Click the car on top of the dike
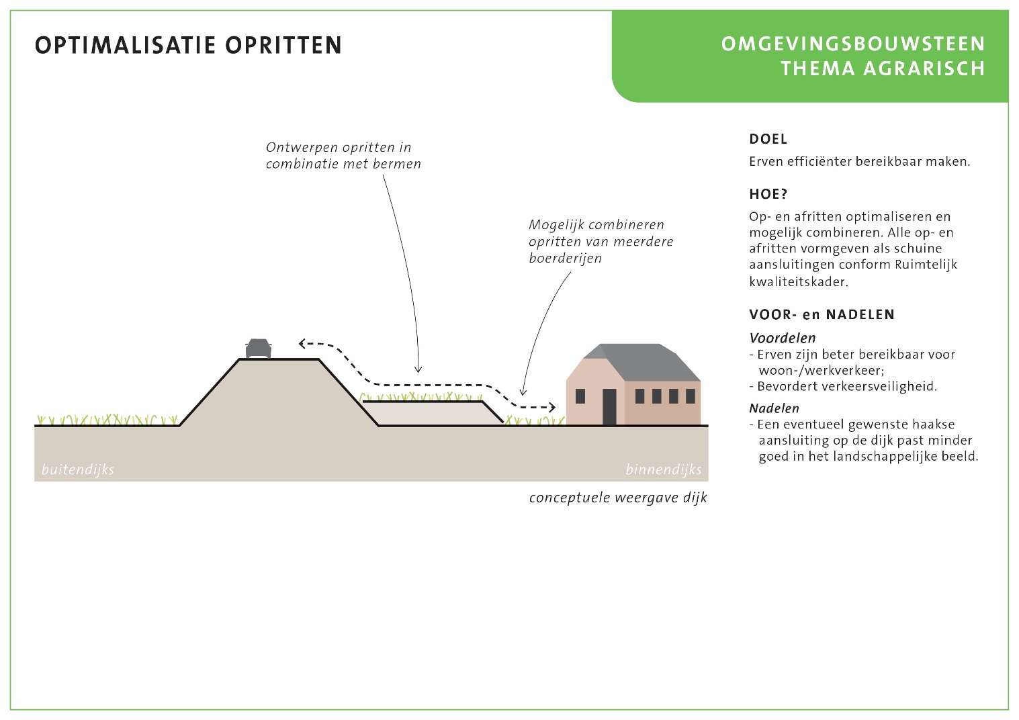[x=259, y=349]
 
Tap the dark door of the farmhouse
[x=609, y=407]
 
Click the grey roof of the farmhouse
[x=642, y=362]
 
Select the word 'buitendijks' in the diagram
[x=78, y=469]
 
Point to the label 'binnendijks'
[x=664, y=469]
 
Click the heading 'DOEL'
[x=768, y=139]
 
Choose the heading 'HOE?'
[x=768, y=195]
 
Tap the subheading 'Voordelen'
[x=783, y=338]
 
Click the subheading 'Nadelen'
[x=774, y=408]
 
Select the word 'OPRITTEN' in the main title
[x=283, y=46]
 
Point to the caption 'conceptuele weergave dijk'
[x=618, y=498]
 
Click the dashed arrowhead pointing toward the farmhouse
[x=551, y=407]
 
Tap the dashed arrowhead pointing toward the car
[x=302, y=343]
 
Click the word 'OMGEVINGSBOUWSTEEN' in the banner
[x=853, y=44]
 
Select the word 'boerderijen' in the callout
[x=565, y=259]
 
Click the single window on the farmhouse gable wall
[x=580, y=396]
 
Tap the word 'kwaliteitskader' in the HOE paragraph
[x=799, y=281]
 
